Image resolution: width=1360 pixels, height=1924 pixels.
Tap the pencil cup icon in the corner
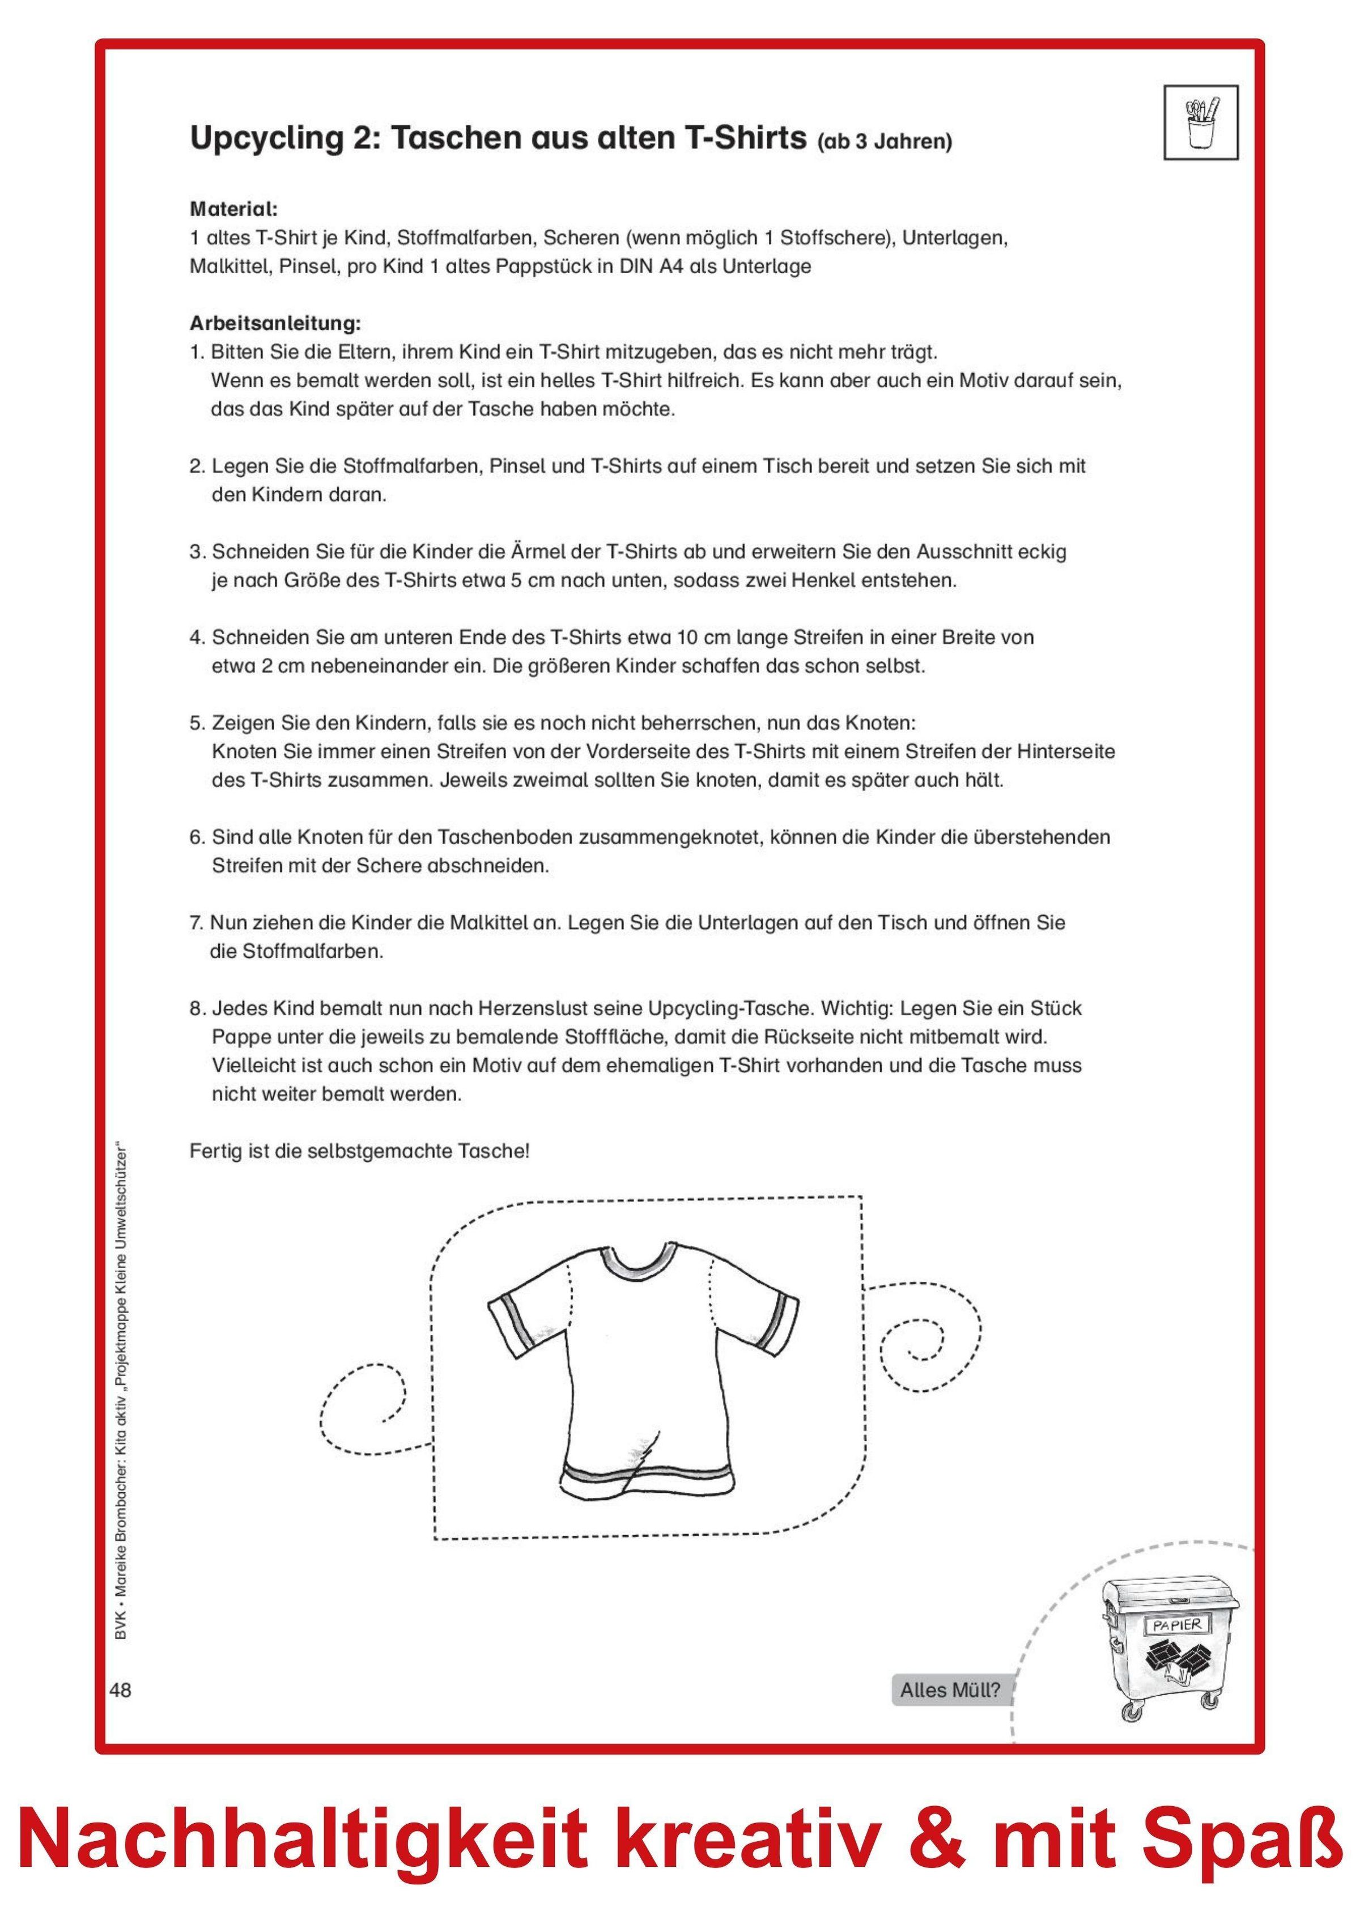pyautogui.click(x=1202, y=122)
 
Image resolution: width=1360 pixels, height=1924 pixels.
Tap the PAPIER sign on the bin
pyautogui.click(x=1176, y=1625)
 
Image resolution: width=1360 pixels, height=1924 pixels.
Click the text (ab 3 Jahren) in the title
pyautogui.click(x=885, y=142)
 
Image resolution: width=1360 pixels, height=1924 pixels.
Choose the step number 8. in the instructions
pyautogui.click(x=198, y=1008)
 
